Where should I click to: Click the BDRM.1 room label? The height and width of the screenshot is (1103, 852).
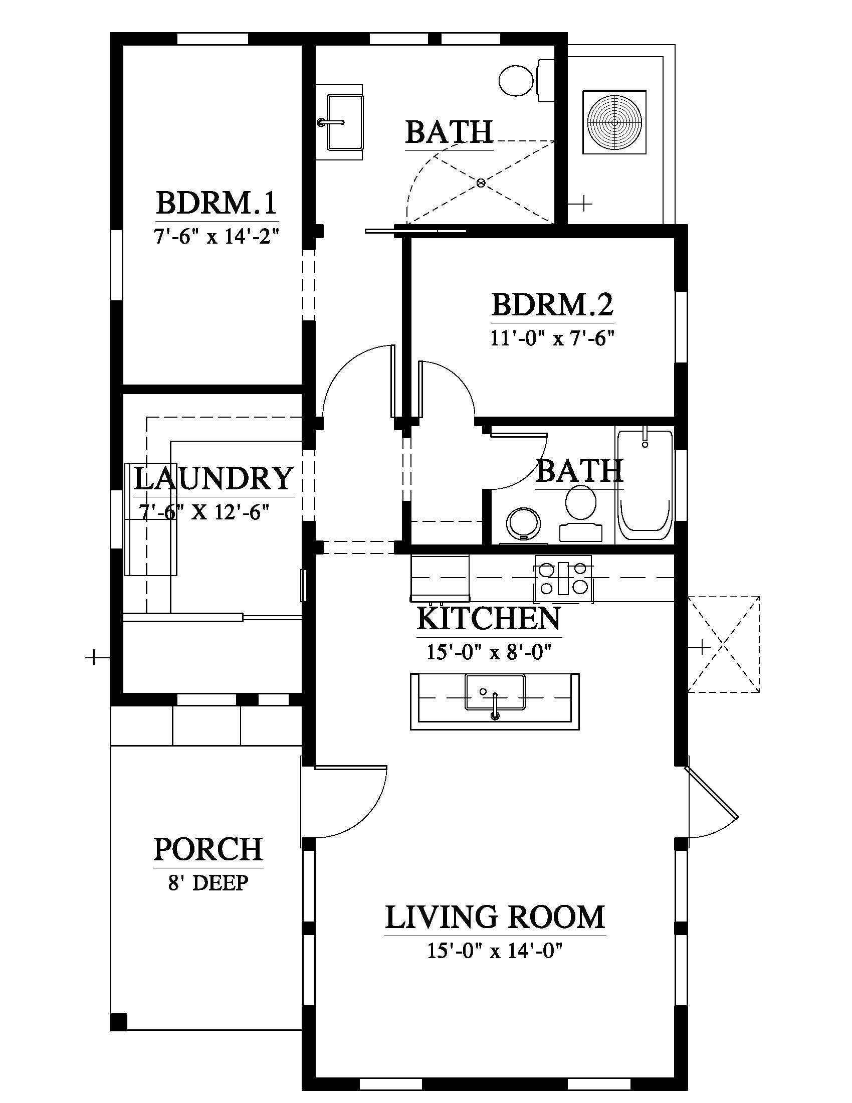tap(217, 203)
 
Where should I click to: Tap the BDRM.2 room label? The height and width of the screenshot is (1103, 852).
tap(553, 304)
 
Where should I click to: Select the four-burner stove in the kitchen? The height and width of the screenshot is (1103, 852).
tap(563, 578)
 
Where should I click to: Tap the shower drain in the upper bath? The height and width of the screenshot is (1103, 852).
tap(481, 182)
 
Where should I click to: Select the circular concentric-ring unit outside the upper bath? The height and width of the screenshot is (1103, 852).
tap(614, 122)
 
